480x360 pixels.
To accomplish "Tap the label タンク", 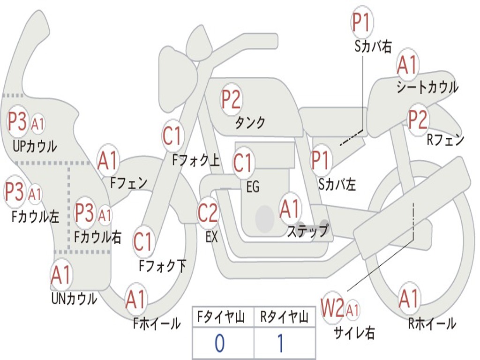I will pos(250,123).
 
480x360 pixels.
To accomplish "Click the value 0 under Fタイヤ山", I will pos(219,343).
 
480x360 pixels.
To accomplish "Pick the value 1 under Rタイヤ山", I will pos(280,343).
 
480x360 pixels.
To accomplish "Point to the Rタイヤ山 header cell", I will pos(284,318).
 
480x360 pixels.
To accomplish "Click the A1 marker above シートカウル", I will pos(407,65).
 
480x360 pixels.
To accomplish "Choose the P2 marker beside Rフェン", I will pos(418,120).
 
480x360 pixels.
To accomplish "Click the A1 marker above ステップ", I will pos(290,209).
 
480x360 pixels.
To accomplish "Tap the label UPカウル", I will pos(35,146).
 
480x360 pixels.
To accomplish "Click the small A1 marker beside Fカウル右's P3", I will pos(105,216).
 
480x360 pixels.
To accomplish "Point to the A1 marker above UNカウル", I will pos(61,276).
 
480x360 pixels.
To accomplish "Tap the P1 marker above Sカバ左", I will pos(322,160).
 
